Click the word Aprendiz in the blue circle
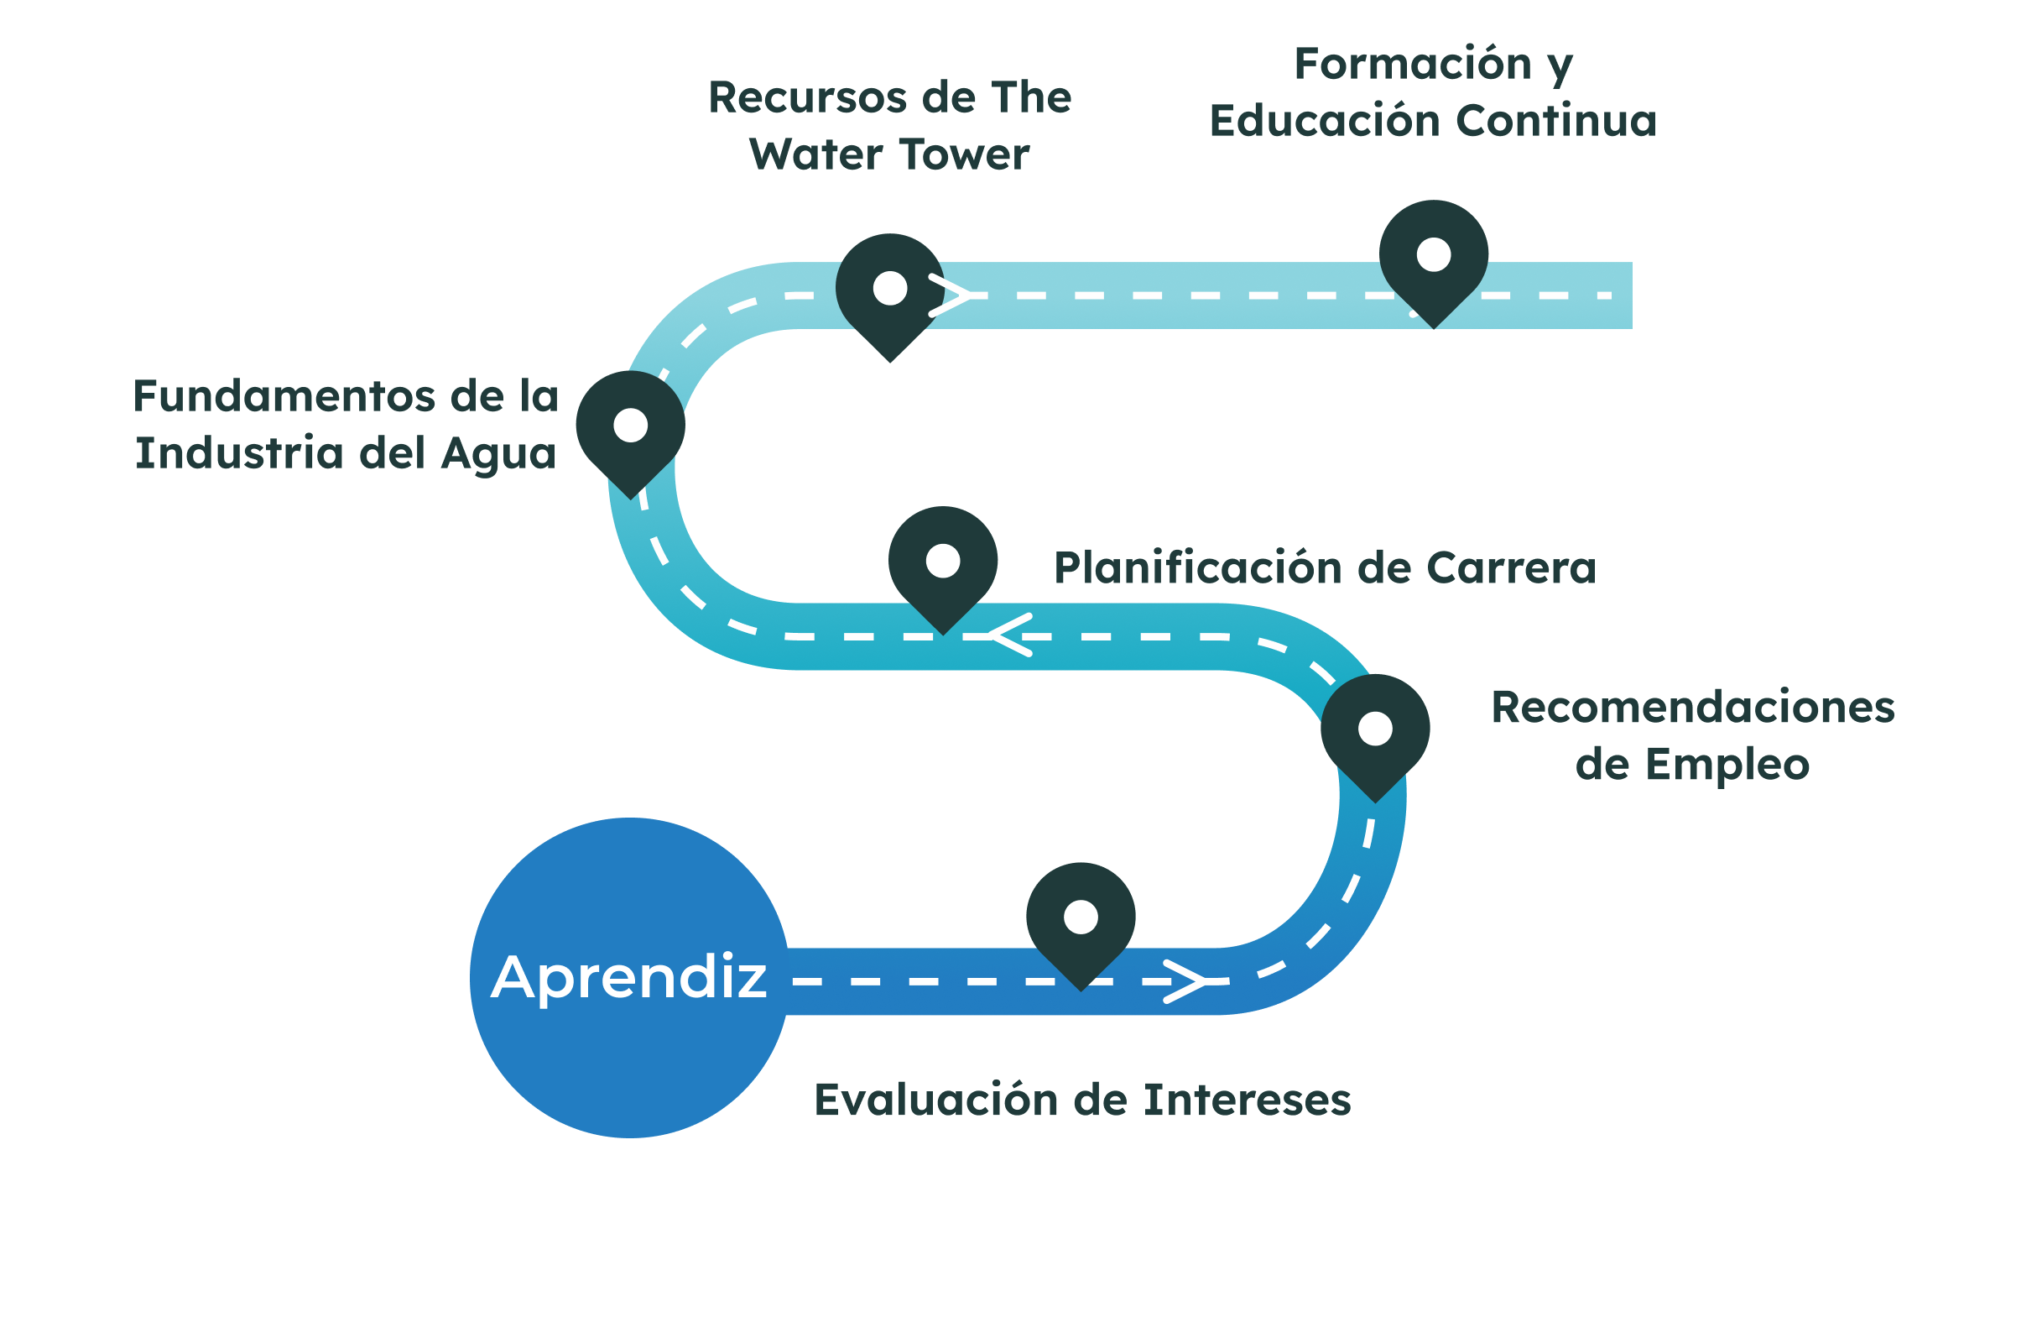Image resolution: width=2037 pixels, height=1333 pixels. [629, 977]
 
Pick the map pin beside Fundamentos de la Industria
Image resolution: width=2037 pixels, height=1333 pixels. [630, 427]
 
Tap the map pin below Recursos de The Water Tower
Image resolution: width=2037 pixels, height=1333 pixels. [889, 290]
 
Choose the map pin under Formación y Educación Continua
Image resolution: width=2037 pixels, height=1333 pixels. [1433, 257]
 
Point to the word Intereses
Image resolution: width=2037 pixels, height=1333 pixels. [1247, 1100]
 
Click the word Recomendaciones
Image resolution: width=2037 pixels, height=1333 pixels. [1692, 708]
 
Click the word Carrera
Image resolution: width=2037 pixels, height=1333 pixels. [1511, 567]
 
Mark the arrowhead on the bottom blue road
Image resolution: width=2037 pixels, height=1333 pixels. [1185, 981]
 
